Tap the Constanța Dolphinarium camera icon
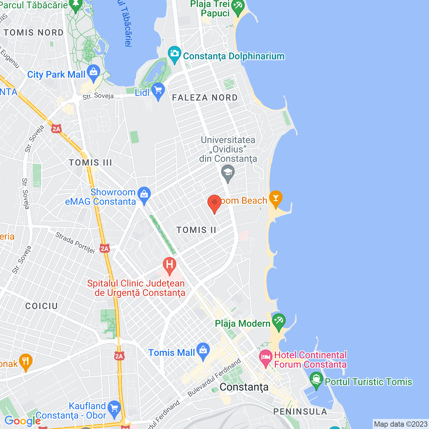(x=174, y=54)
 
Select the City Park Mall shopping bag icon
(x=94, y=72)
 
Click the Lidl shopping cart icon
(x=158, y=91)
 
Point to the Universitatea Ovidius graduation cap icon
(x=228, y=173)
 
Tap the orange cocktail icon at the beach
(x=276, y=198)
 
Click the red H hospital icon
(x=170, y=265)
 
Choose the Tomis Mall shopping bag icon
(x=203, y=351)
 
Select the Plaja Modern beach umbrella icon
(x=279, y=321)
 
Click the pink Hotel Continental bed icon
(x=266, y=358)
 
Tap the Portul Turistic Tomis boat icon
(x=316, y=380)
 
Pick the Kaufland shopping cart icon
(x=114, y=409)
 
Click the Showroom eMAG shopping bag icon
(x=144, y=195)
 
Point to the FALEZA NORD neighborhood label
(x=205, y=98)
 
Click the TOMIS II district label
(x=196, y=230)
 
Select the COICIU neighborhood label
(x=42, y=306)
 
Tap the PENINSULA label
(x=300, y=412)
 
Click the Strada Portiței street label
(x=75, y=242)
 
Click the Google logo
(x=22, y=421)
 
